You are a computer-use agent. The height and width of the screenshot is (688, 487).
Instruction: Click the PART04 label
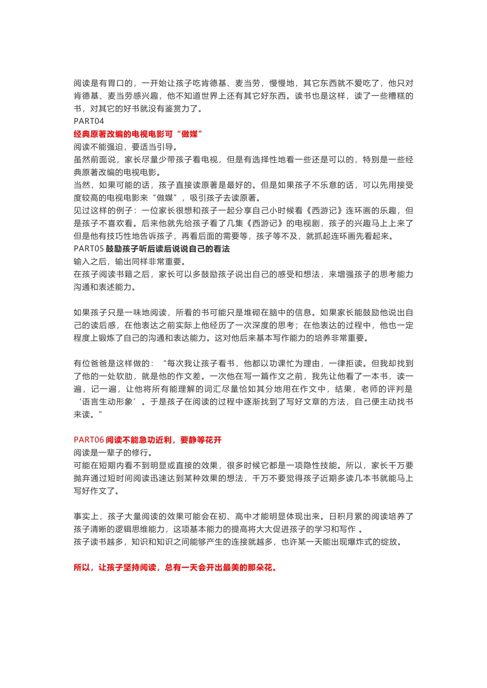click(x=89, y=121)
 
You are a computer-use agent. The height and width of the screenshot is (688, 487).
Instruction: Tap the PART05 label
click(x=89, y=249)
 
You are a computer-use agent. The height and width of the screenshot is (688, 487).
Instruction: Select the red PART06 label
click(x=89, y=440)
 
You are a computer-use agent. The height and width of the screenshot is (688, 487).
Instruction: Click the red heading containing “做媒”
click(x=138, y=134)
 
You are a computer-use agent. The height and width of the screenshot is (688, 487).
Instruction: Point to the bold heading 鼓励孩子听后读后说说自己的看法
click(x=168, y=249)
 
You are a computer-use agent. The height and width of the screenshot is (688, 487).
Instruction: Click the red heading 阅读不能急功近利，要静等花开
click(x=164, y=440)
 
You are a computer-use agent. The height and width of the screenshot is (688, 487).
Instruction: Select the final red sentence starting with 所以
click(x=175, y=567)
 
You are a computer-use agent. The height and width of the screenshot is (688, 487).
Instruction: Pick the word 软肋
click(x=125, y=376)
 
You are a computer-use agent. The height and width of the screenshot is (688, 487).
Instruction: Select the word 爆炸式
click(x=354, y=542)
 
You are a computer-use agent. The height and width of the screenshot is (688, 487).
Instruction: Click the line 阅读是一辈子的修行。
click(x=113, y=453)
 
